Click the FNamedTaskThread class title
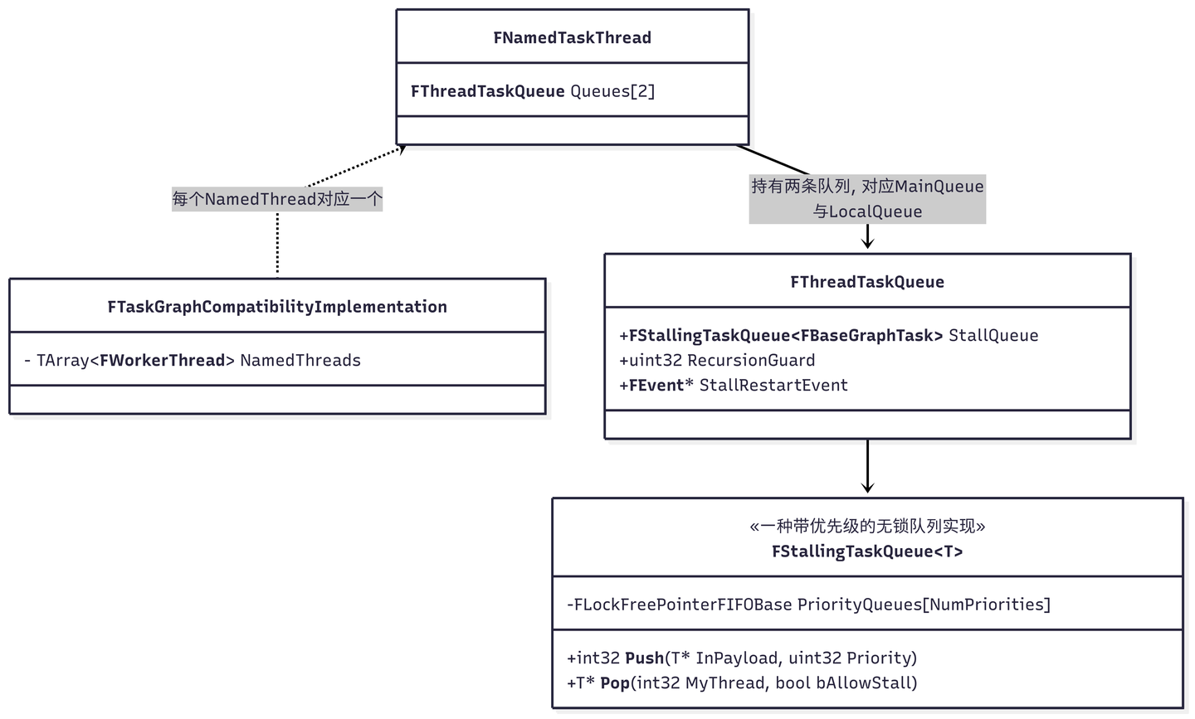click(x=572, y=37)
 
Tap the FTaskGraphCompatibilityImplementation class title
click(x=277, y=307)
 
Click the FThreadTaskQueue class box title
click(x=867, y=282)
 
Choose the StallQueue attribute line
click(x=828, y=335)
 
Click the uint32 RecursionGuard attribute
click(x=717, y=360)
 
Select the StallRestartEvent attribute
click(x=734, y=385)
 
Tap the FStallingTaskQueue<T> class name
click(x=867, y=551)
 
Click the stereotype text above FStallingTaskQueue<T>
click(x=867, y=527)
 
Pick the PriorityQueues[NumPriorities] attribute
click(x=808, y=605)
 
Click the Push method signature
click(x=742, y=658)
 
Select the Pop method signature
click(x=742, y=683)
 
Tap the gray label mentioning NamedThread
click(x=277, y=199)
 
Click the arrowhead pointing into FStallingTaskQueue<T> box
click(x=867, y=488)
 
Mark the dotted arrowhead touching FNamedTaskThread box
click(x=401, y=150)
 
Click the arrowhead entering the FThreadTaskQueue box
click(x=867, y=244)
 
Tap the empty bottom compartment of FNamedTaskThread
click(x=572, y=130)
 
